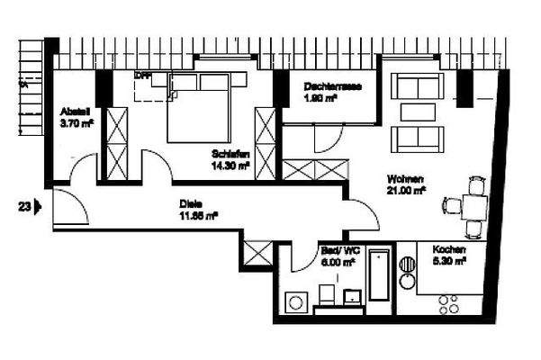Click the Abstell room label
pos(73,112)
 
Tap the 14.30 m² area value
pos(231,166)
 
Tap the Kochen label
pos(448,249)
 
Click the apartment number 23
pos(24,206)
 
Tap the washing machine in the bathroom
pos(295,301)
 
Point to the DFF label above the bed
pos(141,76)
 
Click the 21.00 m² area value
pos(407,190)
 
